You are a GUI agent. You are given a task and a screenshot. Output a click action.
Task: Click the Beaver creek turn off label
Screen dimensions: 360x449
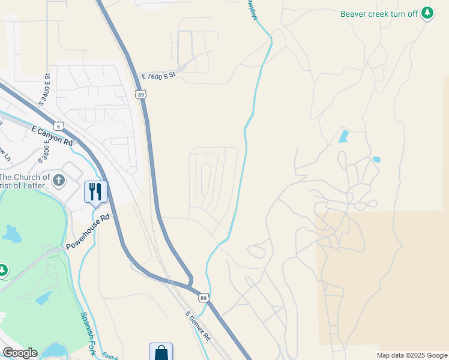pos(379,14)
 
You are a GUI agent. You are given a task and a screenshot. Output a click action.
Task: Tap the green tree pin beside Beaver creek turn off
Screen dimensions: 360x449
pos(427,13)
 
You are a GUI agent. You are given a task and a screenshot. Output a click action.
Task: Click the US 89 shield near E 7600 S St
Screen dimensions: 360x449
pos(141,94)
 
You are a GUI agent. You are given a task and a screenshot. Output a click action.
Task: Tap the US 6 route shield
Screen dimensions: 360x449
pos(58,125)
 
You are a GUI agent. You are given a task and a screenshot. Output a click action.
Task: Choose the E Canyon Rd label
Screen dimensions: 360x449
pos(51,136)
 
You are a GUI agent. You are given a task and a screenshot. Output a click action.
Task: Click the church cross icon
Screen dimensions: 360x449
pos(58,180)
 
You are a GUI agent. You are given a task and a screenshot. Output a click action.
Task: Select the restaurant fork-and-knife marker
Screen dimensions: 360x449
pos(95,192)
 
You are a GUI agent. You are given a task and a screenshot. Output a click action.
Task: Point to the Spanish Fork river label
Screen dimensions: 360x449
pos(88,334)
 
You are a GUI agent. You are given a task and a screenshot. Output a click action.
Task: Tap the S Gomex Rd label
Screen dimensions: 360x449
pos(197,326)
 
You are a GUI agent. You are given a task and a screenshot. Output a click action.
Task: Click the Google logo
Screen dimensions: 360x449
pos(20,353)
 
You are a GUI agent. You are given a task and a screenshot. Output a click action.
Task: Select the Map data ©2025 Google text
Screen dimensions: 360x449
pos(412,355)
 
